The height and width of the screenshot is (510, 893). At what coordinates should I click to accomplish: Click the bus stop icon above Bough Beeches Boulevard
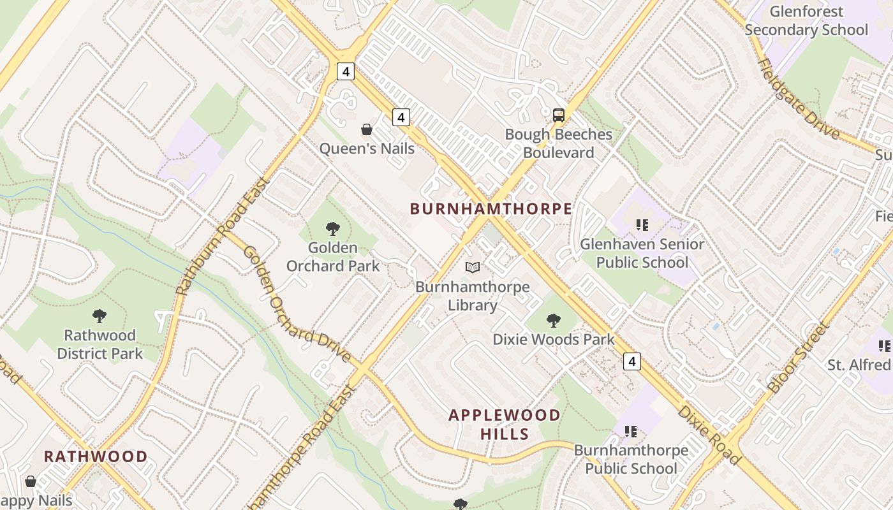559,115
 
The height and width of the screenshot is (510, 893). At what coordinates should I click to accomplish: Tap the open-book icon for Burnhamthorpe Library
472,268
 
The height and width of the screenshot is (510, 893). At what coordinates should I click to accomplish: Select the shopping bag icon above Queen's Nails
367,130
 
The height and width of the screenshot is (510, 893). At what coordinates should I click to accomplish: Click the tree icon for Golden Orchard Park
332,228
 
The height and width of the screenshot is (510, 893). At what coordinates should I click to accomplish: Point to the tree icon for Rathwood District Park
100,316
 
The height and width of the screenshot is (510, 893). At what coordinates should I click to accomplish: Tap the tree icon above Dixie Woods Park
553,320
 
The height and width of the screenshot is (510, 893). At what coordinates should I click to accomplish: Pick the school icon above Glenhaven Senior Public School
642,224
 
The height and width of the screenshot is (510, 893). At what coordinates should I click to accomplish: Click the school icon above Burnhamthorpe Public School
631,431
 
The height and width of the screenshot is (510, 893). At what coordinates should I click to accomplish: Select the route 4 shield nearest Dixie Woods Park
631,361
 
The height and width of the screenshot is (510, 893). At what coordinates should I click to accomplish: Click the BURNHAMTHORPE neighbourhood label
491,208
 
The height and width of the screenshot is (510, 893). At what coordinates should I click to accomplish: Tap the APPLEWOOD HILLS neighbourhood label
504,425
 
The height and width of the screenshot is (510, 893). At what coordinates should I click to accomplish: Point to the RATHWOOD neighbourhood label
96,456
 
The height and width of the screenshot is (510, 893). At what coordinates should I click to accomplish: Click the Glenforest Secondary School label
806,20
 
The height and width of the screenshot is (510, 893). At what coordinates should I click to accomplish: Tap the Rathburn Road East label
223,236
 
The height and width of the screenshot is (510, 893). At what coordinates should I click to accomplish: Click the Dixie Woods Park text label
553,339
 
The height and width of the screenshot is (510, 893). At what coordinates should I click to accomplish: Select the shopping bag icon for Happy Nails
30,481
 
